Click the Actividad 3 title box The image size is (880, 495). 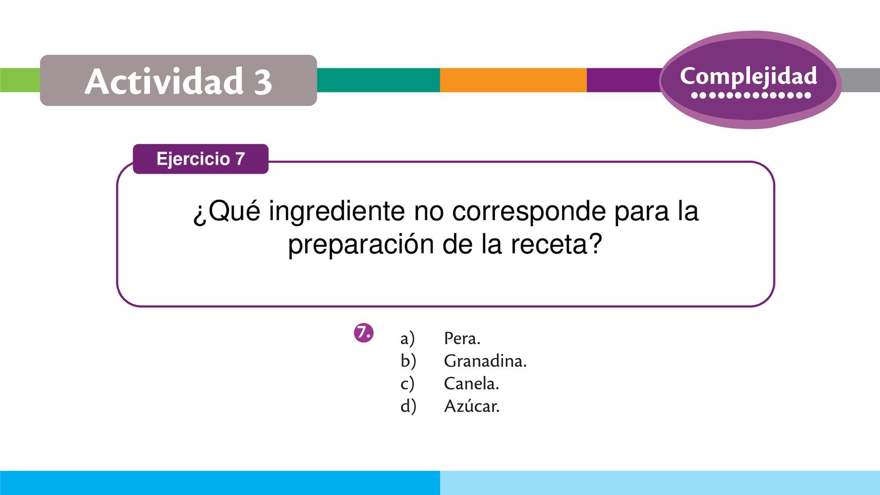coord(178,80)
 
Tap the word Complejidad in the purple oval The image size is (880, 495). coord(748,77)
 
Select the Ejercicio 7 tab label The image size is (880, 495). coord(201,159)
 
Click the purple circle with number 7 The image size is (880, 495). coord(363,333)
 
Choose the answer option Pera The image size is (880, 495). coord(462,338)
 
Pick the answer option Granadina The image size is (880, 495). coord(485,361)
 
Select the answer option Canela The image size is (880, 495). coord(471,383)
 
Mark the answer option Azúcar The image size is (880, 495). coord(472,406)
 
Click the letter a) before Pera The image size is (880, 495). coord(407,339)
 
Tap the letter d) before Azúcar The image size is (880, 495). coord(408,406)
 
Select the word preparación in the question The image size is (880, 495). coord(361,245)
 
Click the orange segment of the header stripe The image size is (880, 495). coord(513,80)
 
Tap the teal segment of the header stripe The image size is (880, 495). coord(378,80)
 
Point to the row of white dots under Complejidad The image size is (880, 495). coord(751,95)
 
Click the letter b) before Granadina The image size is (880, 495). coord(408,361)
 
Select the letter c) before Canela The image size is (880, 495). coord(407,384)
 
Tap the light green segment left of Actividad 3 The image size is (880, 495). coord(20,80)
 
